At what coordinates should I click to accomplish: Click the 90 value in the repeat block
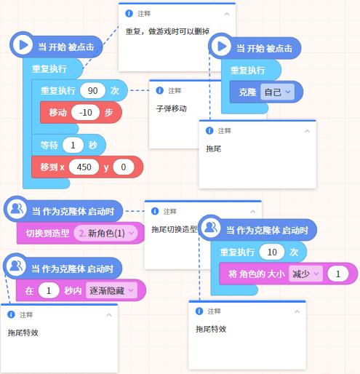(92, 90)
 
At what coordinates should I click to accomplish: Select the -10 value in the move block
(86, 112)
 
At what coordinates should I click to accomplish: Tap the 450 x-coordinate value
(84, 167)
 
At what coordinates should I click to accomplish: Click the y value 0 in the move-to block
(124, 167)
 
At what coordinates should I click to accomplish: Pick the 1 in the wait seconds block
(73, 145)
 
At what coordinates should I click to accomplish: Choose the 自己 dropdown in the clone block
(277, 92)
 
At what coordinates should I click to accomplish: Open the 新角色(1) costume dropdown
(106, 233)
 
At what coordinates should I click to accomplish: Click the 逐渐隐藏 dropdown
(111, 290)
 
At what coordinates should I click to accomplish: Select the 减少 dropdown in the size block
(305, 274)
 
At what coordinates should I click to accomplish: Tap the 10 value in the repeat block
(272, 252)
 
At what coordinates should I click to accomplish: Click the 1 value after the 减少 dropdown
(337, 274)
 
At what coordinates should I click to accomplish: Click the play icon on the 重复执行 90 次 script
(23, 45)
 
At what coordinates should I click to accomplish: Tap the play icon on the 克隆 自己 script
(221, 47)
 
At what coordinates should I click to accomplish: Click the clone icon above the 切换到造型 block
(17, 209)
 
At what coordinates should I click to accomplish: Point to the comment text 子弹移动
(172, 108)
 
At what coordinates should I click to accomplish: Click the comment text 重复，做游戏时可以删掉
(167, 31)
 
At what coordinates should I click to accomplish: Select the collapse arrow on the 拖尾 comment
(307, 131)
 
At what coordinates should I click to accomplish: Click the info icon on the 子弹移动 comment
(159, 90)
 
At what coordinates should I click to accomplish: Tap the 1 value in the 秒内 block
(49, 290)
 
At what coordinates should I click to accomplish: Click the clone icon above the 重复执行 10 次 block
(210, 228)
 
